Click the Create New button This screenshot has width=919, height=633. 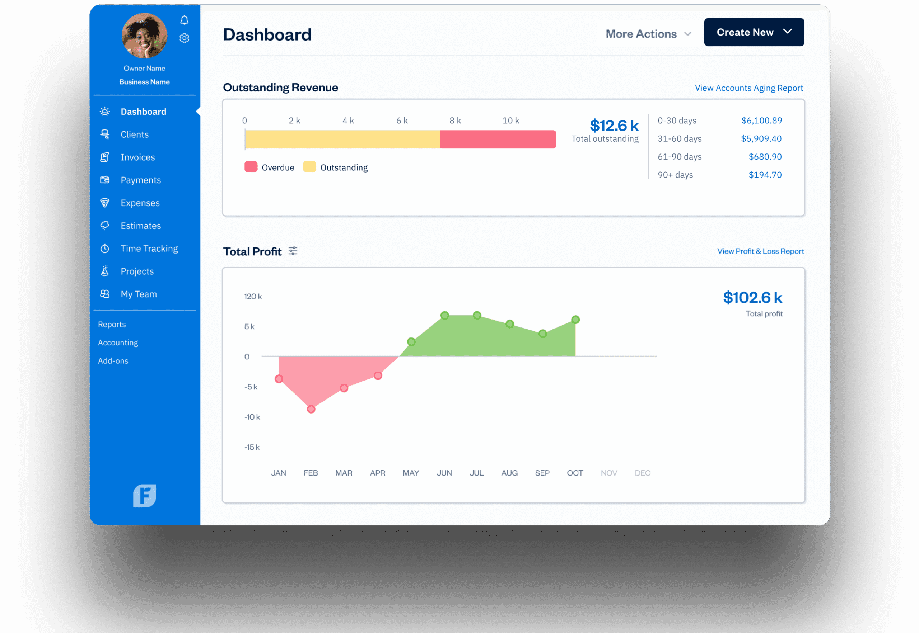[754, 32]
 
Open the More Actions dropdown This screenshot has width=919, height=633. [648, 34]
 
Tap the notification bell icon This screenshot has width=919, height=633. [184, 20]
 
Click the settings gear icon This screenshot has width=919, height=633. [184, 38]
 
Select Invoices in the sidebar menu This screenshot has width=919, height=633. [137, 157]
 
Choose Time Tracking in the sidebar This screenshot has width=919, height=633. [149, 249]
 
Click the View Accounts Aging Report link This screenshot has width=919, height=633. [749, 88]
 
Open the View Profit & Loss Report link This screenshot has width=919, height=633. [760, 251]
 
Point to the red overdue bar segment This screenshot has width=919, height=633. [498, 139]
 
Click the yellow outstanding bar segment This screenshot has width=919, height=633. [342, 139]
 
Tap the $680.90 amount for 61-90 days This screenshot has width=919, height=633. [765, 157]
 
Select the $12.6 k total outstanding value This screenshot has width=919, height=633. [614, 126]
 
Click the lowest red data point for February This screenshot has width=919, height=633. [311, 409]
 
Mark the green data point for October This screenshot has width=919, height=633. [575, 320]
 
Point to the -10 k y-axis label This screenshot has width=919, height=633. [252, 417]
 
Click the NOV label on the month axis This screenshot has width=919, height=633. [608, 473]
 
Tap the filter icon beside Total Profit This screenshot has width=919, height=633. [293, 251]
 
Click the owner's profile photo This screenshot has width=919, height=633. [145, 36]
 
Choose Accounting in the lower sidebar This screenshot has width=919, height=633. [118, 343]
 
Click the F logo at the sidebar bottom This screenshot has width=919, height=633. [145, 496]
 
